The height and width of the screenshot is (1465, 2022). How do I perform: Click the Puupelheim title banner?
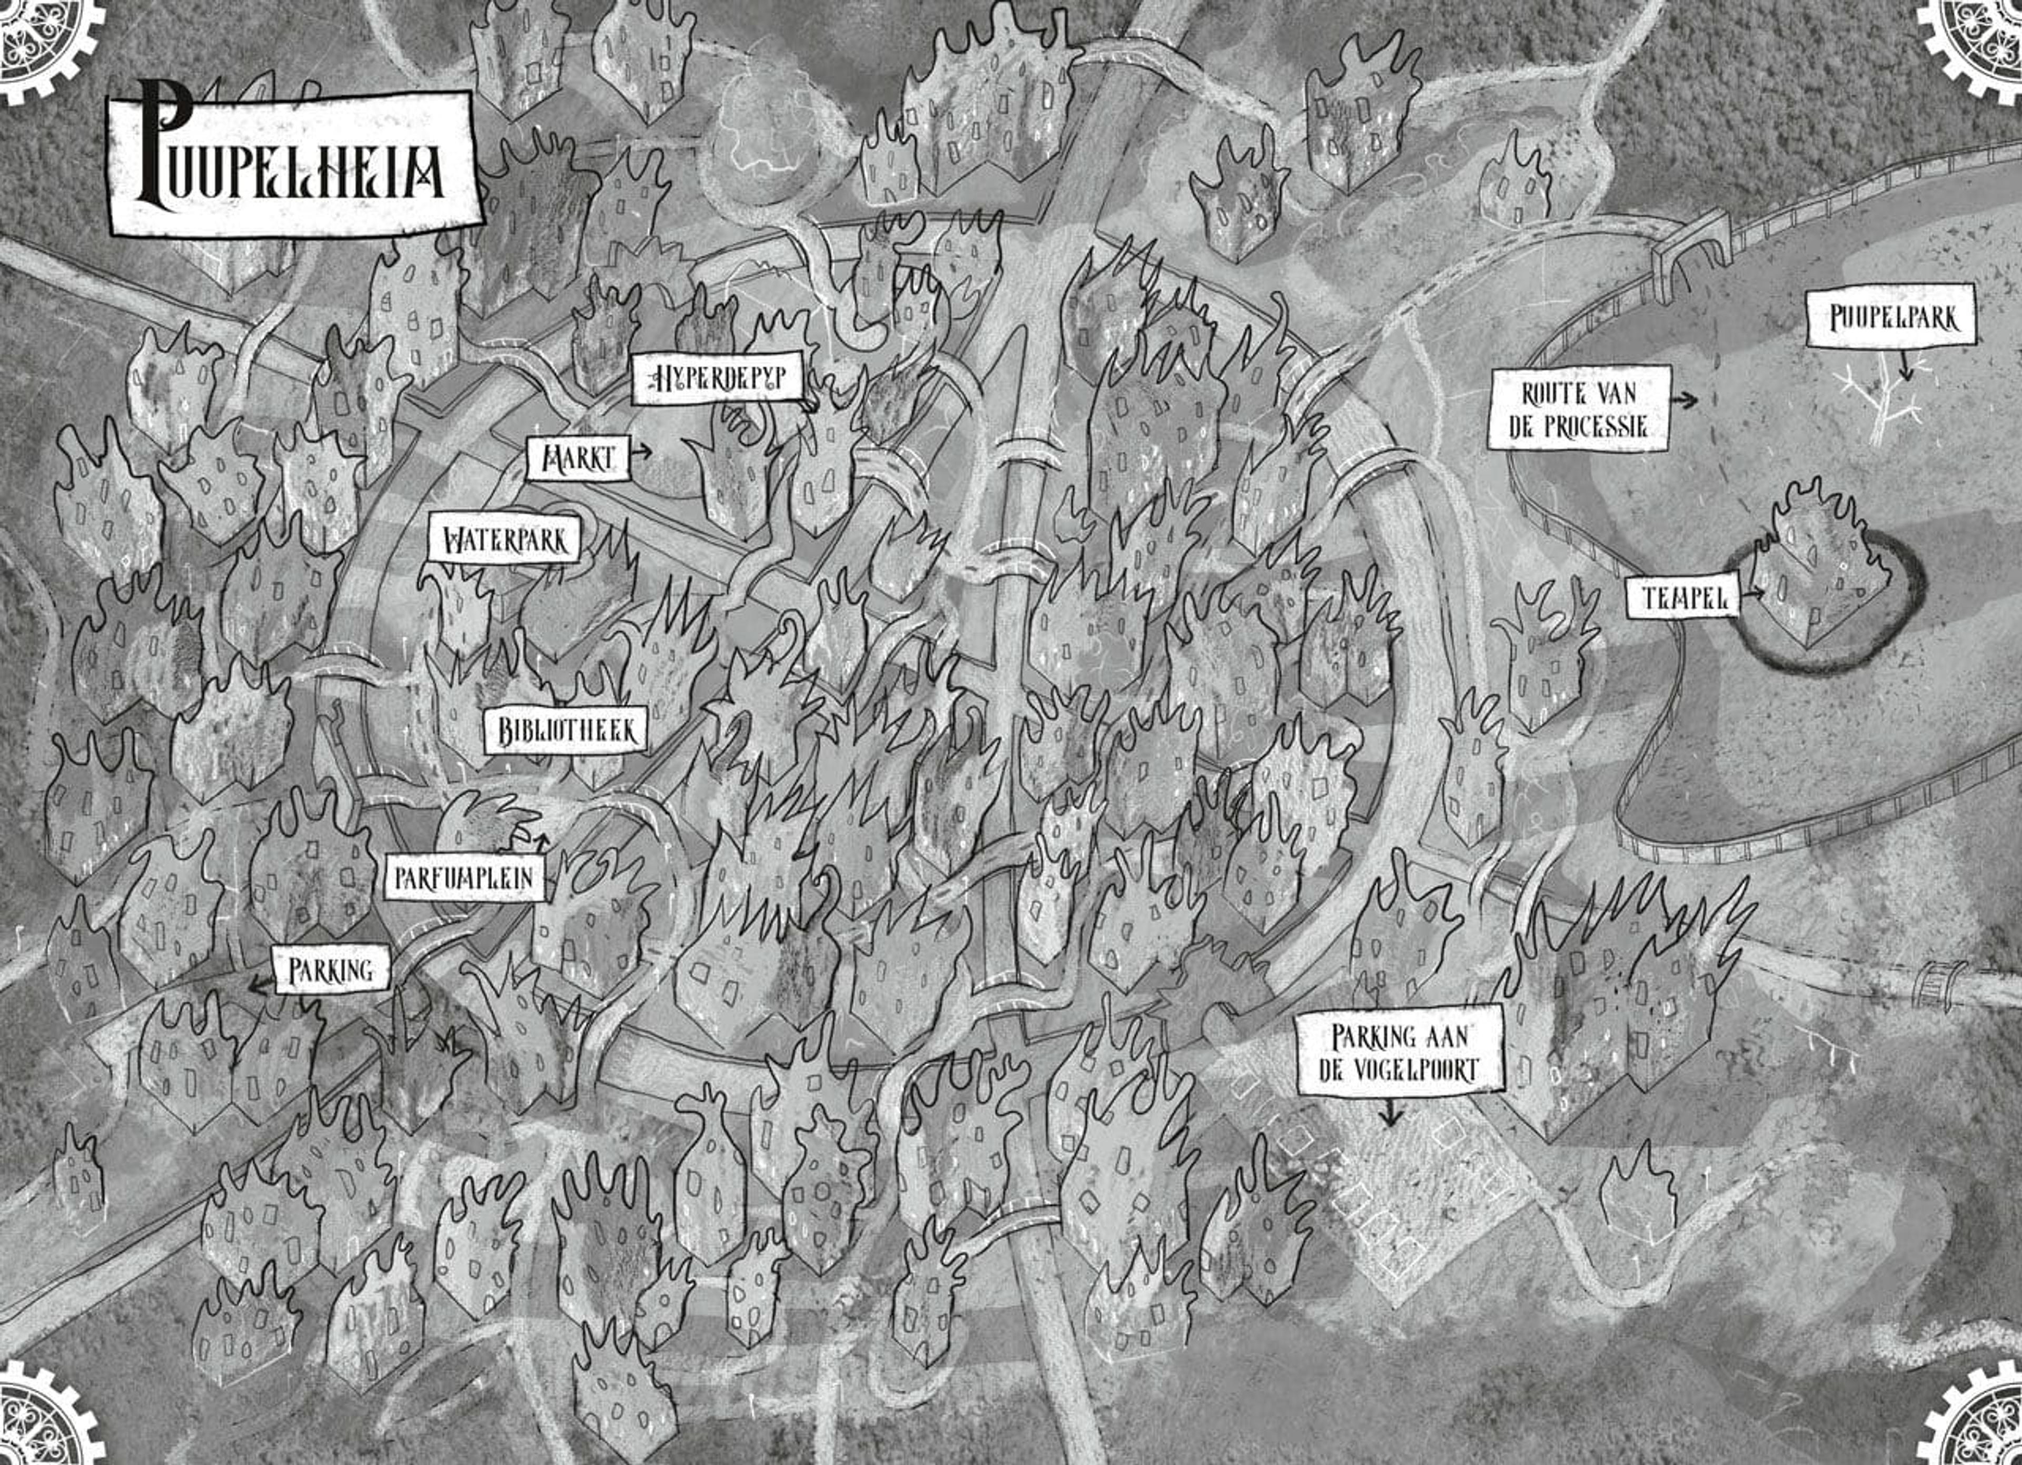point(294,165)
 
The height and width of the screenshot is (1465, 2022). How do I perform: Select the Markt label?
point(577,459)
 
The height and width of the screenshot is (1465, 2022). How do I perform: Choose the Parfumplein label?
point(463,878)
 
